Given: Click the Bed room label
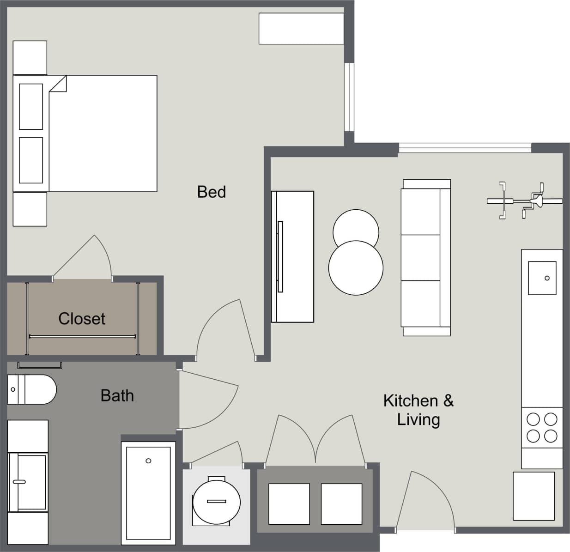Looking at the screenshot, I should click(x=211, y=192).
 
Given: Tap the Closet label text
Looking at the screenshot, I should click(x=82, y=318).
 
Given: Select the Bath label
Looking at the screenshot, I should click(x=117, y=395).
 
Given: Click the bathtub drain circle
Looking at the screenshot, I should click(x=148, y=461).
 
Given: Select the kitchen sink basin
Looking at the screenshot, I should click(x=542, y=278).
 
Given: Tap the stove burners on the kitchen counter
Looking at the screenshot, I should click(x=542, y=427).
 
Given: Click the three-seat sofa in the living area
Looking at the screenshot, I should click(x=425, y=257).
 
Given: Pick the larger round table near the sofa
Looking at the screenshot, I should click(x=356, y=268).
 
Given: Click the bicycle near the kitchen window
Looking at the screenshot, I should click(x=524, y=200).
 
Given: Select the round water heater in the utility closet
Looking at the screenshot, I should click(x=217, y=502).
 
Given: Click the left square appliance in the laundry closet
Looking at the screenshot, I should click(x=289, y=504).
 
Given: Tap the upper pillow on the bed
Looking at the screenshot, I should click(x=31, y=107).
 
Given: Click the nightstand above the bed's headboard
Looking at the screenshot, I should click(x=30, y=57).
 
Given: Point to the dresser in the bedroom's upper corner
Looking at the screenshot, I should click(x=301, y=29).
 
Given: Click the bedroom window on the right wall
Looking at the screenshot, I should click(x=349, y=97).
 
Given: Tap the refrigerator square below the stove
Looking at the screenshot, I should click(x=534, y=496).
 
